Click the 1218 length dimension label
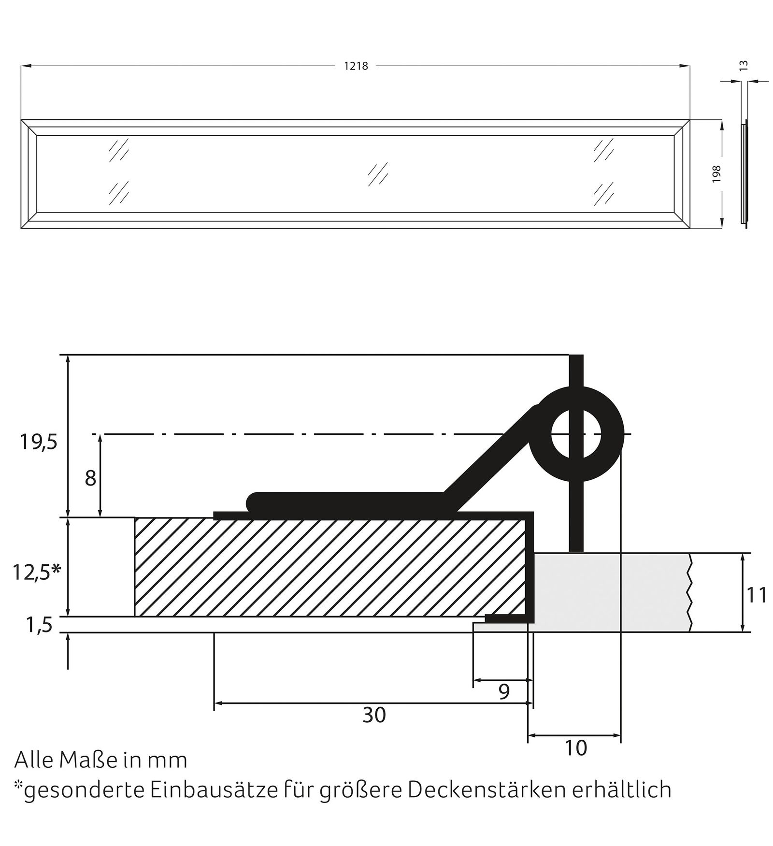coord(356,66)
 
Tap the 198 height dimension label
coord(716,173)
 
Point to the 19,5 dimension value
coord(38,442)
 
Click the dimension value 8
coord(90,479)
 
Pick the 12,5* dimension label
coord(36,573)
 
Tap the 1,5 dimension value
coord(39,626)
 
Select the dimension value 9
coord(503,692)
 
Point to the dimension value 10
coord(575,748)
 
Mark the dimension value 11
coord(757,595)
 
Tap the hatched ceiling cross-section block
coord(329,567)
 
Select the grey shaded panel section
coord(609,592)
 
